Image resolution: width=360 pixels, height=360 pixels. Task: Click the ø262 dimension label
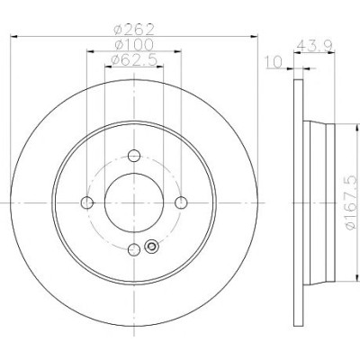click(x=134, y=30)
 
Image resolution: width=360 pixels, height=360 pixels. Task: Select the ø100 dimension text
click(x=134, y=45)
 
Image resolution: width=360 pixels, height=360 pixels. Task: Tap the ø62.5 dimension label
click(x=134, y=59)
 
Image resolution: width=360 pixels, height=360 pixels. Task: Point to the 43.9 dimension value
click(x=314, y=46)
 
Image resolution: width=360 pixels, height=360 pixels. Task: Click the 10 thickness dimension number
click(x=274, y=62)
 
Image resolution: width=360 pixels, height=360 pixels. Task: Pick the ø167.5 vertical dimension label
click(x=352, y=202)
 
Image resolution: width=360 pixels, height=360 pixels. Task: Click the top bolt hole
click(x=134, y=156)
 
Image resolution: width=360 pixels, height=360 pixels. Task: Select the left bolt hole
click(x=87, y=202)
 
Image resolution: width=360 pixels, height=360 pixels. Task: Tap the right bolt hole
click(x=181, y=202)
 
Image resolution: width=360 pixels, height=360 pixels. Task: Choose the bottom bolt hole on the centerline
click(x=134, y=249)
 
